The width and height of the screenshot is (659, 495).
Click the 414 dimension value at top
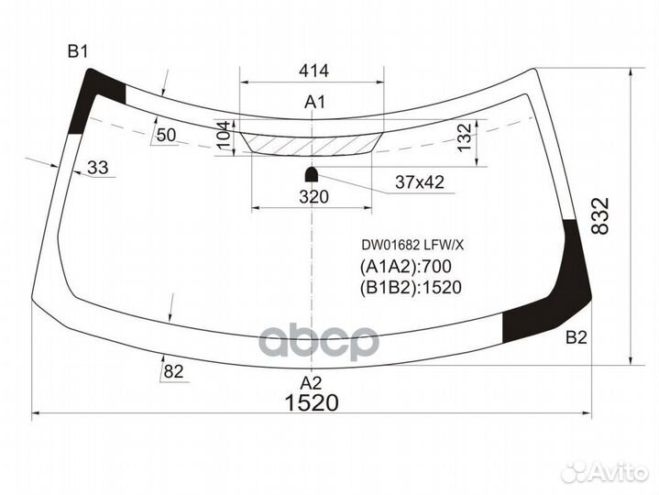point(313,71)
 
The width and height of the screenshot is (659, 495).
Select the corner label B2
point(576,338)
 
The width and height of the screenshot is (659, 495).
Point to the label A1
point(314,103)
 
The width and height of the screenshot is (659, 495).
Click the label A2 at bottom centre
point(312,383)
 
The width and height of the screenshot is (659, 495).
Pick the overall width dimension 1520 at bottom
point(312,403)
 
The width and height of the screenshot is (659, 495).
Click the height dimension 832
point(599,216)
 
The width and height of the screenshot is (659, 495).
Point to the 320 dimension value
point(313,195)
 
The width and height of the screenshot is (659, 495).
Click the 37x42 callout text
point(419,183)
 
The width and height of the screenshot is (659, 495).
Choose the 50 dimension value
point(166,136)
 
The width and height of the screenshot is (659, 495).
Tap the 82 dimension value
point(172,370)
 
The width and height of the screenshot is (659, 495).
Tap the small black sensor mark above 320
point(312,172)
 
